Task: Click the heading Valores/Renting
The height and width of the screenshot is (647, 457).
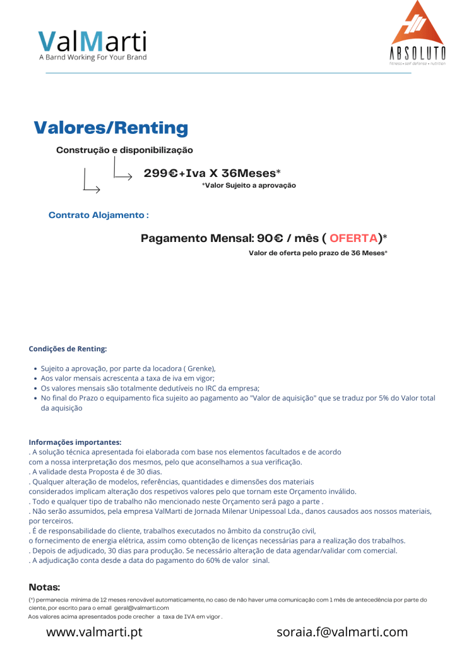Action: click(110, 128)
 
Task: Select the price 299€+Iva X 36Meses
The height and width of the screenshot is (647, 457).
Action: click(211, 173)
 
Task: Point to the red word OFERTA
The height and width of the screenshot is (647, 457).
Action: click(353, 238)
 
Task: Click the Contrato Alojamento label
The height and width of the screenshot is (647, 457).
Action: click(98, 215)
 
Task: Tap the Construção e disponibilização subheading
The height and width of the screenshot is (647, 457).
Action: click(124, 150)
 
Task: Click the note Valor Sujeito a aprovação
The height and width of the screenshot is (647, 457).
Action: click(249, 186)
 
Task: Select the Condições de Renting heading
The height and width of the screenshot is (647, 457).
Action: click(68, 349)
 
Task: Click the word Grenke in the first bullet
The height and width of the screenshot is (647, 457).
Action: click(199, 368)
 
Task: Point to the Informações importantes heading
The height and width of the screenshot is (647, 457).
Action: click(75, 442)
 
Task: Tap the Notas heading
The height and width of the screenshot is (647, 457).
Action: click(44, 588)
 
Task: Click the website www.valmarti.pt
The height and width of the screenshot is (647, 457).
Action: click(94, 632)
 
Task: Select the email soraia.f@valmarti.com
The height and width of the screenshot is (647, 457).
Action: click(342, 632)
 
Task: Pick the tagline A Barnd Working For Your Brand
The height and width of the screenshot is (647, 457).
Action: click(92, 57)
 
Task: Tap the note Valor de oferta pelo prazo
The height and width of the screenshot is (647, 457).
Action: click(318, 253)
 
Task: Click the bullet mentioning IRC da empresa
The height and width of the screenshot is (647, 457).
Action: click(150, 388)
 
